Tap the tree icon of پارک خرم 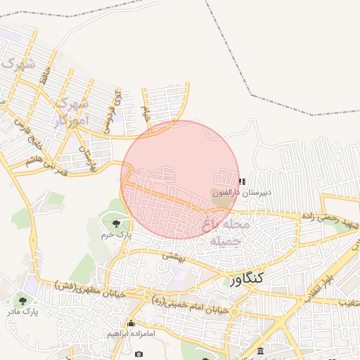click(x=115, y=223)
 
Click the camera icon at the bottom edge click(x=139, y=352)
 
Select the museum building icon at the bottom click(x=261, y=352)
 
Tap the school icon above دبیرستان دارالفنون click(x=243, y=181)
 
